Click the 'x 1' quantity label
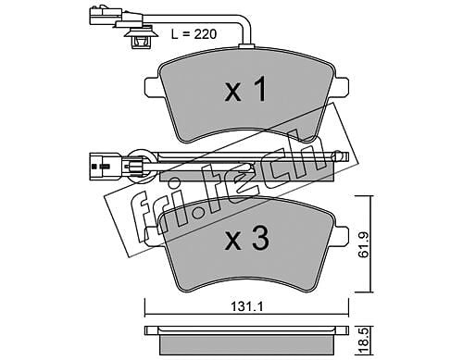(245, 90)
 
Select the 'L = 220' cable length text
(194, 34)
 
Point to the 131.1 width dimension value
(246, 307)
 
